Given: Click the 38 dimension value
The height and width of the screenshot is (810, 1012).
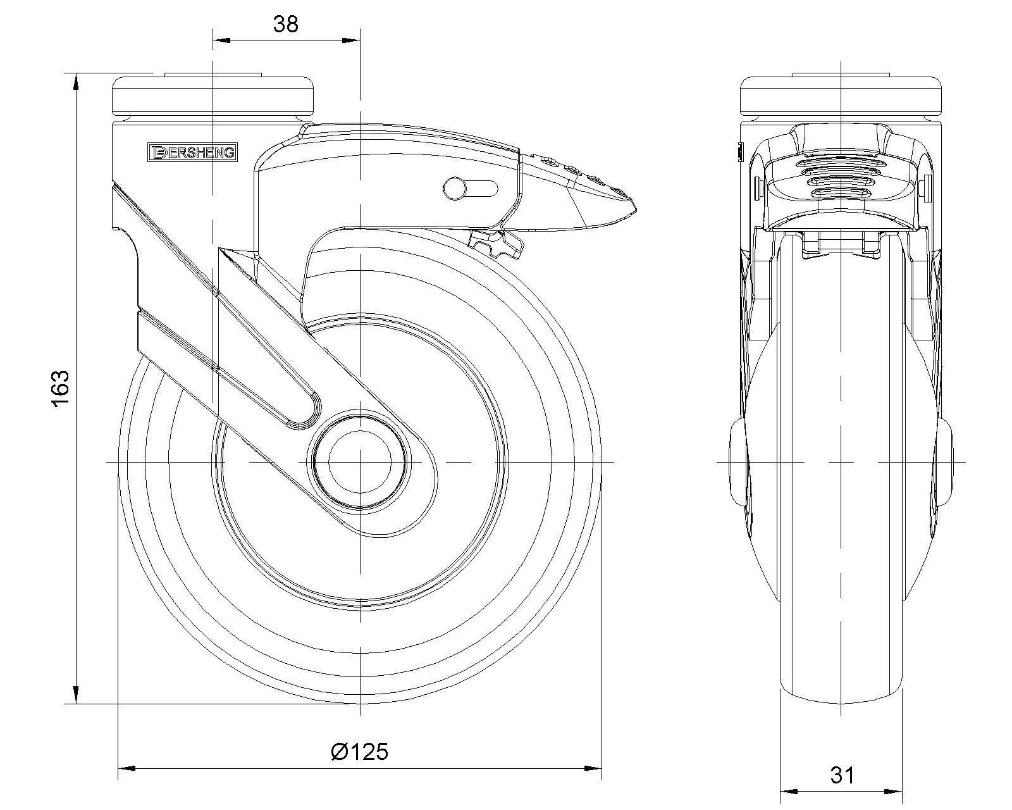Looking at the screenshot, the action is [x=285, y=24].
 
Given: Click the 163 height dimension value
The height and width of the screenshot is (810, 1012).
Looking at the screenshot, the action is [x=61, y=389].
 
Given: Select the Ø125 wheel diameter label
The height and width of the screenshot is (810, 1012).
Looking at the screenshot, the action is [x=360, y=752].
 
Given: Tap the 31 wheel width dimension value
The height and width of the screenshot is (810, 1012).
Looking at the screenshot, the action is [x=842, y=775].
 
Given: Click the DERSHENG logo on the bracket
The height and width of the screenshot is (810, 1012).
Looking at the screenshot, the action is [x=192, y=153].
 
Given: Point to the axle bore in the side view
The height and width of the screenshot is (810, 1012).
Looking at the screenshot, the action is [x=360, y=462].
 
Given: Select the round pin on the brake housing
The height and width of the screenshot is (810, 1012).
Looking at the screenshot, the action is [x=454, y=189].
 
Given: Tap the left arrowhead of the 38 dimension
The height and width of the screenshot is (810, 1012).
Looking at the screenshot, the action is [x=221, y=40].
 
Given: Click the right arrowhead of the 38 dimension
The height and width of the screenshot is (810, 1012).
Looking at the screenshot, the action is [x=351, y=40].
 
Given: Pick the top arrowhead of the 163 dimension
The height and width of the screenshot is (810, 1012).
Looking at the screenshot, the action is [x=76, y=82].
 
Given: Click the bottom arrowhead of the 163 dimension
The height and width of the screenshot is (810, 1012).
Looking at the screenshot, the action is [x=76, y=695].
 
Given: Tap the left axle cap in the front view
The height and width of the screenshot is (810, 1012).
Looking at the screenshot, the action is [x=737, y=462].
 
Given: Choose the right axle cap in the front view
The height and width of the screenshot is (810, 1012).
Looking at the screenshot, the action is [x=944, y=462].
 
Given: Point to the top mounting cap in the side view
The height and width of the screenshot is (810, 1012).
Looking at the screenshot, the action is [x=213, y=96].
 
